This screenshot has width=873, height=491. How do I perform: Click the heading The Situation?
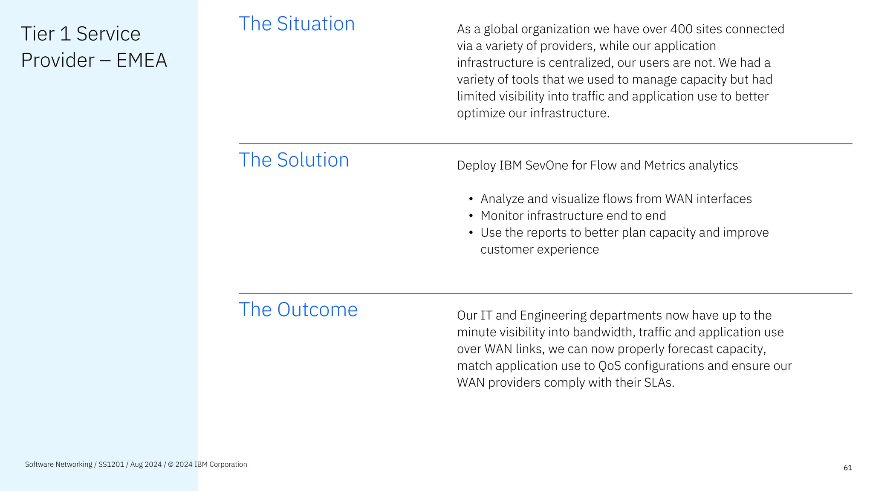click(x=297, y=24)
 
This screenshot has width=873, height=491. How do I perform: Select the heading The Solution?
click(x=294, y=160)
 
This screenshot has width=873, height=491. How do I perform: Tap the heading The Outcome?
click(x=298, y=310)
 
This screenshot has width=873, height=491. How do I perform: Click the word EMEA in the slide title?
click(x=142, y=60)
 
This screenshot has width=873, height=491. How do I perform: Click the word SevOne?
click(x=547, y=165)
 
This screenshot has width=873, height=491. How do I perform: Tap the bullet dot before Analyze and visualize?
click(x=471, y=199)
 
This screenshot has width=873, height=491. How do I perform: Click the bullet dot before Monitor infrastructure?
click(x=471, y=216)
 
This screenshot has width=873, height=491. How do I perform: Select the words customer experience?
click(x=540, y=249)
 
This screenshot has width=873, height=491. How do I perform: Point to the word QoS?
click(x=610, y=366)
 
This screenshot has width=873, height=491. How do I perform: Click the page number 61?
click(x=848, y=468)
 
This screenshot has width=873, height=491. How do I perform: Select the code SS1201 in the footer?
click(x=111, y=465)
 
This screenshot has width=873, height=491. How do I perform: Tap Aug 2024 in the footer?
click(x=146, y=465)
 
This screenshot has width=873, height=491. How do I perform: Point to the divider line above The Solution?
click(x=545, y=143)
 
